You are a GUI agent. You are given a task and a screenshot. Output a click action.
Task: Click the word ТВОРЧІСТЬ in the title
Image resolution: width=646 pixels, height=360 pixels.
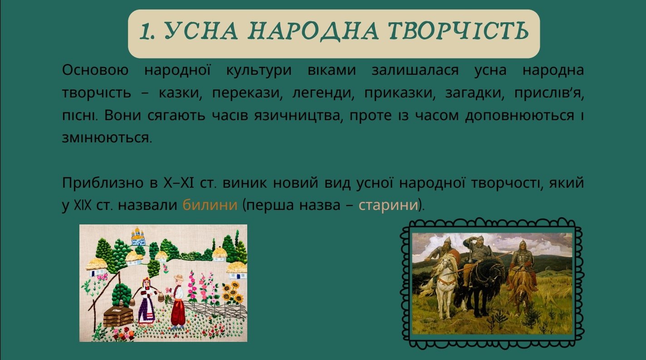pyautogui.click(x=458, y=31)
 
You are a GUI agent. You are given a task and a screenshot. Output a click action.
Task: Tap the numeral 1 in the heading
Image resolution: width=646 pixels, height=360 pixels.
pyautogui.click(x=146, y=31)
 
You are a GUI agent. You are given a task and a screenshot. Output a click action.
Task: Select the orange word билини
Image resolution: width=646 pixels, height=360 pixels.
pyautogui.click(x=210, y=205)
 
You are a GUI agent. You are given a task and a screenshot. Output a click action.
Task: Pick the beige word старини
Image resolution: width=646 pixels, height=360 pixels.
pyautogui.click(x=388, y=205)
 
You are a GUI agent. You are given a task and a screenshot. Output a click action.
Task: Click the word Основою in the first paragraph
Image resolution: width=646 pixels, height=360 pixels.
pyautogui.click(x=95, y=70)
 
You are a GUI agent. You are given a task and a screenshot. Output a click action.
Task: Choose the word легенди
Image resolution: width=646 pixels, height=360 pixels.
pyautogui.click(x=323, y=93)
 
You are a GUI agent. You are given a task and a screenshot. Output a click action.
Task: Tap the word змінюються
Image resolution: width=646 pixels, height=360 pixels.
pyautogui.click(x=107, y=138)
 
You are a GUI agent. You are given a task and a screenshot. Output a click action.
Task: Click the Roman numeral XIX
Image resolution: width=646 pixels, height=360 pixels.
pyautogui.click(x=83, y=205)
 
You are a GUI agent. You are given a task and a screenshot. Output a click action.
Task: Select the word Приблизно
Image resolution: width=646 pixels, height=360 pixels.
pyautogui.click(x=103, y=183)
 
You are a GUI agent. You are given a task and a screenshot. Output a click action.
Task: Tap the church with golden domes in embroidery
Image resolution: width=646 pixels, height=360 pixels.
pyautogui.click(x=137, y=237)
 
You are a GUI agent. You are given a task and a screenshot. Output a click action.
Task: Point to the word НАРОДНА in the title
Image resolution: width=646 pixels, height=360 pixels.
pyautogui.click(x=313, y=31)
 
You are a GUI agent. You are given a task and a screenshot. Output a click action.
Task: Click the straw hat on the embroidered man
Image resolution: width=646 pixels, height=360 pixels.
pyautogui.click(x=179, y=277)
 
